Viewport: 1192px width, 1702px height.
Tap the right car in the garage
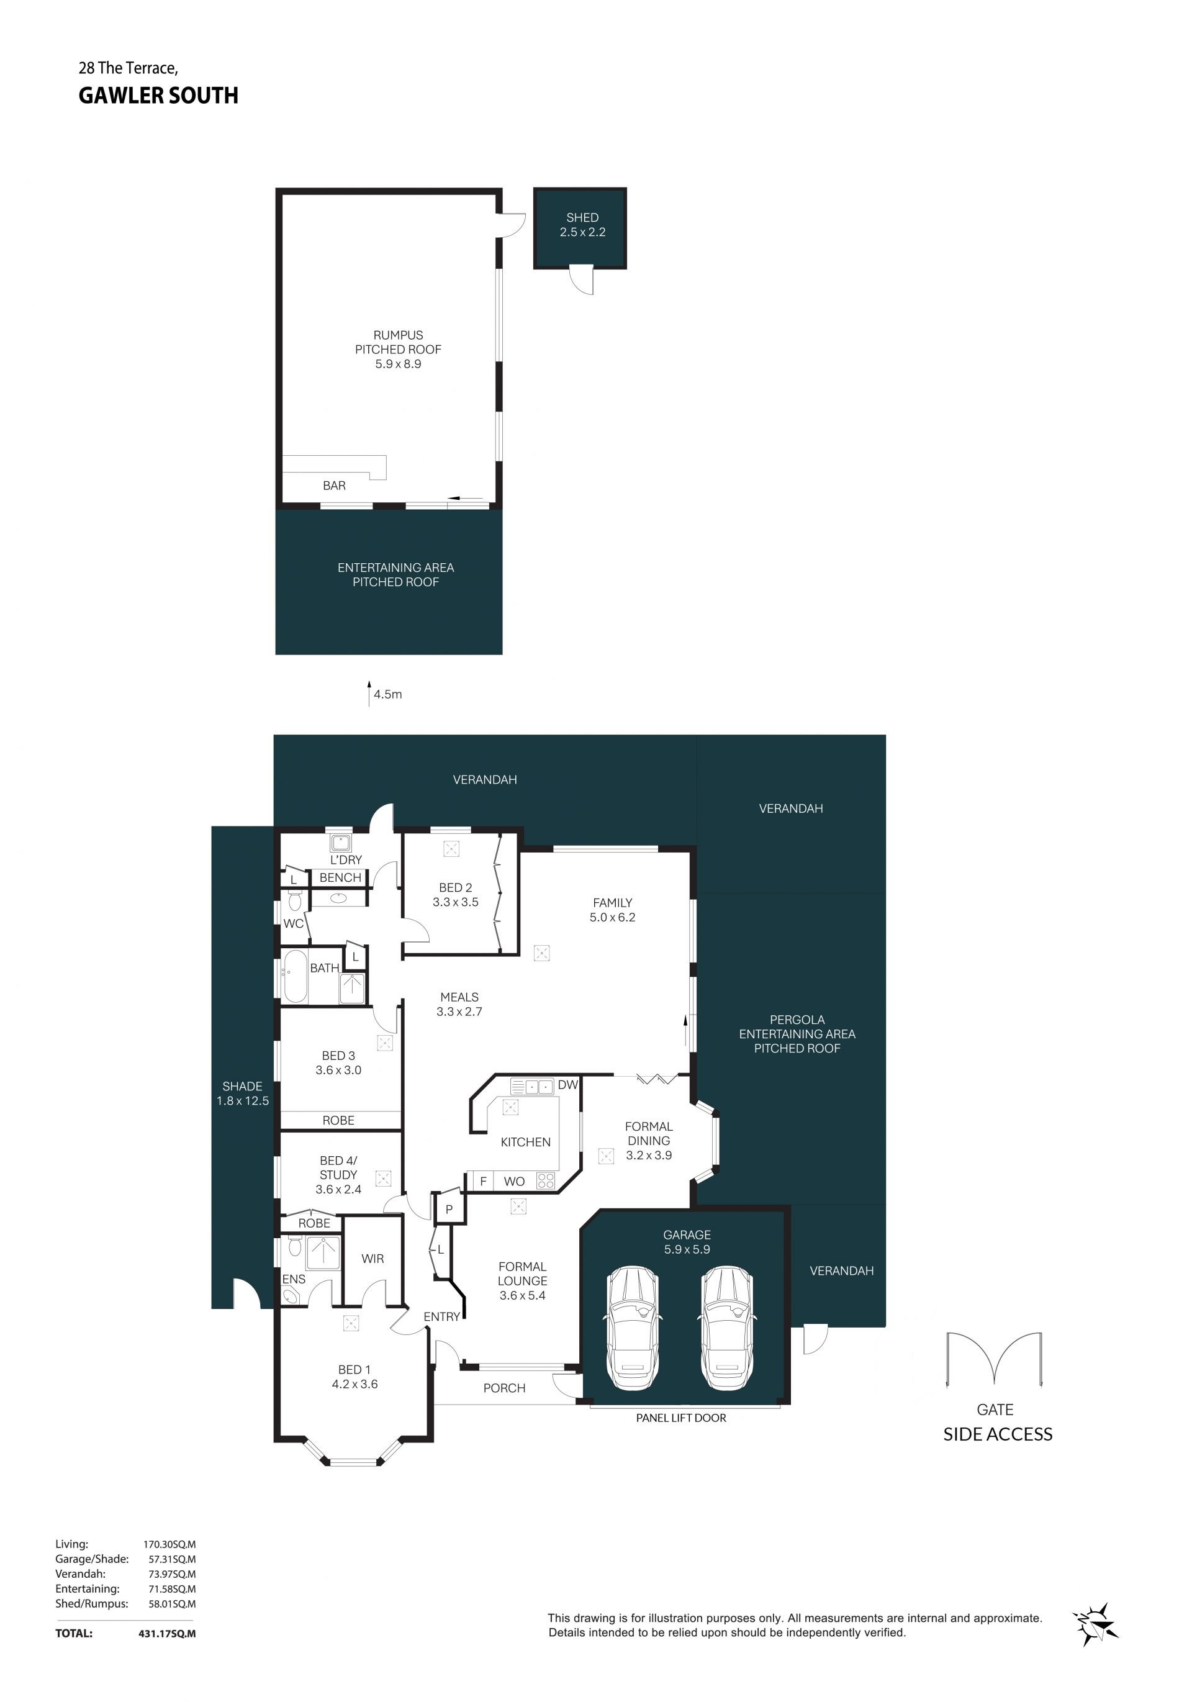[727, 1328]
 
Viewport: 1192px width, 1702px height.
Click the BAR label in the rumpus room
[335, 486]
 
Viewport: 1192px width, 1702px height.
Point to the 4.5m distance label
[387, 695]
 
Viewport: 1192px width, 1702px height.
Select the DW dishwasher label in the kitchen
[568, 1085]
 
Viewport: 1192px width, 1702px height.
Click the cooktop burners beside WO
[546, 1180]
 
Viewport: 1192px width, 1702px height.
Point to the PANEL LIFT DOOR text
[680, 1418]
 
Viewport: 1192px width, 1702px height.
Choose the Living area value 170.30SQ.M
[169, 1545]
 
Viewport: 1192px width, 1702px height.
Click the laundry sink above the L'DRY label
[341, 842]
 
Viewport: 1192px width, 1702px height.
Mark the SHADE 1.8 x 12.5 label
[242, 1093]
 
